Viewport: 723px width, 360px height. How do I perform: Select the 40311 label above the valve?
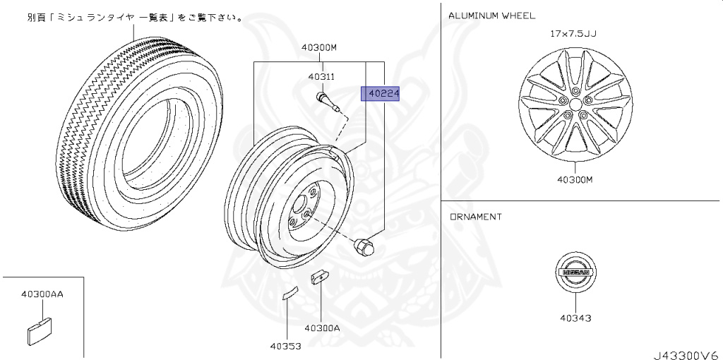(x=321, y=76)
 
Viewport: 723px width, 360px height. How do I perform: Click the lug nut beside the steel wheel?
(x=362, y=246)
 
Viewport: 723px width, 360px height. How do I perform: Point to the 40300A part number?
(x=322, y=328)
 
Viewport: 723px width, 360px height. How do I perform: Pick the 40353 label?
(x=285, y=346)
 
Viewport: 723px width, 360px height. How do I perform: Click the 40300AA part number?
(x=42, y=294)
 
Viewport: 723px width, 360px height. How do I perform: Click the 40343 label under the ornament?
(x=575, y=318)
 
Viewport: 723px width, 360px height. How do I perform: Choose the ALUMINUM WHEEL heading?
(x=491, y=15)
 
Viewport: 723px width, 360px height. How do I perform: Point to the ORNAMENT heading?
(x=476, y=217)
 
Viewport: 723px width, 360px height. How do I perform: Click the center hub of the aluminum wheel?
(x=573, y=104)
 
